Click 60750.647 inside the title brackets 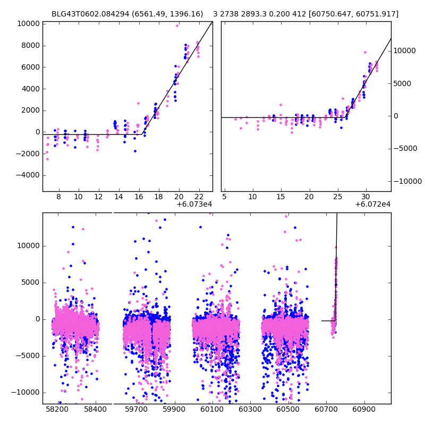click(x=333, y=14)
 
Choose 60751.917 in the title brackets click(x=377, y=14)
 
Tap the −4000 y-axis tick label click(x=25, y=175)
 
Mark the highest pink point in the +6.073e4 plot click(x=177, y=25)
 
